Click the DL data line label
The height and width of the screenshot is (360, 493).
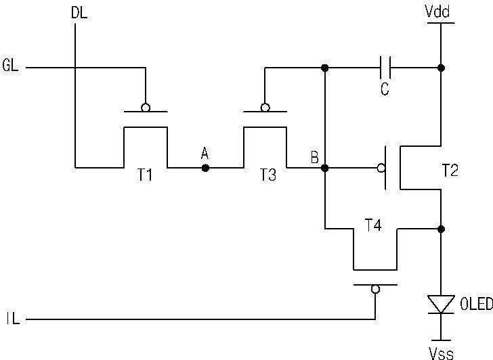pyautogui.click(x=79, y=13)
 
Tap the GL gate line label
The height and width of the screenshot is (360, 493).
pyautogui.click(x=10, y=66)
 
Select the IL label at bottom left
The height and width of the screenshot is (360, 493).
pyautogui.click(x=13, y=319)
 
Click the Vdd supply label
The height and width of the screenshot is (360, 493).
pyautogui.click(x=437, y=12)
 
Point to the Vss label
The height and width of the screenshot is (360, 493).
pyautogui.click(x=441, y=354)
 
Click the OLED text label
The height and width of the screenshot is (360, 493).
pyautogui.click(x=476, y=304)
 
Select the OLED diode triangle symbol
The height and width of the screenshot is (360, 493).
pyautogui.click(x=441, y=304)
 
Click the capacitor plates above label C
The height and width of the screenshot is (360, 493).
pyautogui.click(x=385, y=68)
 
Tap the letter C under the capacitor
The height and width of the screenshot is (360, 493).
pyautogui.click(x=385, y=89)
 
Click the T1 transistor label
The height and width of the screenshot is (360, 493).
pyautogui.click(x=145, y=175)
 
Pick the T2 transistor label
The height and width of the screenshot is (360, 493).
pyautogui.click(x=450, y=171)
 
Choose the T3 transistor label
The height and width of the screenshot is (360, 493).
pyautogui.click(x=268, y=175)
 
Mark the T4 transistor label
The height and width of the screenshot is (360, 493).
pyautogui.click(x=373, y=225)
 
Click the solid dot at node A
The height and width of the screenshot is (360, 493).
pyautogui.click(x=205, y=168)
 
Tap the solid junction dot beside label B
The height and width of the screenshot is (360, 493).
pyautogui.click(x=325, y=168)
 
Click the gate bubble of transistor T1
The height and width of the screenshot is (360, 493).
pyautogui.click(x=146, y=108)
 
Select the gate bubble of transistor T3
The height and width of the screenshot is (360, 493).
pyautogui.click(x=265, y=108)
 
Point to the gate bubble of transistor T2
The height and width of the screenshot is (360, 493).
pyautogui.click(x=381, y=168)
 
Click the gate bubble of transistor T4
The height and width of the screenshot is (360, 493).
pyautogui.click(x=375, y=289)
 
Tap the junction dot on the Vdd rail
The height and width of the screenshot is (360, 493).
pyautogui.click(x=441, y=68)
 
